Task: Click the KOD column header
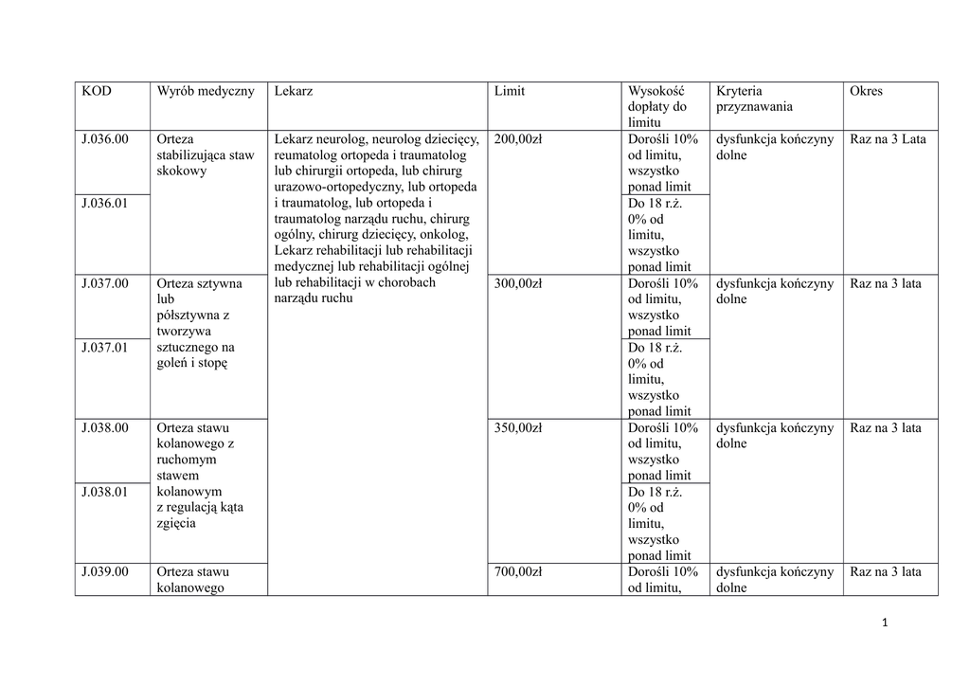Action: click(x=97, y=91)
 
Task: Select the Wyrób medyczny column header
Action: click(x=206, y=91)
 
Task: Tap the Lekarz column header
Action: click(x=294, y=91)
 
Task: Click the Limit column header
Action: click(x=510, y=91)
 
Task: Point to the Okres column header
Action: click(x=866, y=91)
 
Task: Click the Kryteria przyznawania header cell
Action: click(x=754, y=99)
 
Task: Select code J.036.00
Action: click(x=104, y=139)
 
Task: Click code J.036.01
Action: click(x=104, y=203)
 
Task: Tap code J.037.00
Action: click(x=104, y=283)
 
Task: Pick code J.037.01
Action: click(x=104, y=348)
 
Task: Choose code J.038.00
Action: click(x=104, y=427)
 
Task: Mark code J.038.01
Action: click(x=104, y=492)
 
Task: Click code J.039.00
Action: click(x=104, y=571)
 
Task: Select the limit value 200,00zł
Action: click(x=518, y=139)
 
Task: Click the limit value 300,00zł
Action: click(x=518, y=283)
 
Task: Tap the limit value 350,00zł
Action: click(x=518, y=427)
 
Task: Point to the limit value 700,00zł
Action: click(x=518, y=571)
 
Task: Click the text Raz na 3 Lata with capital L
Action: click(x=888, y=139)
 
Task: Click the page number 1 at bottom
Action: click(x=884, y=623)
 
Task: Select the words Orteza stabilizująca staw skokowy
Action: click(x=205, y=155)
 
